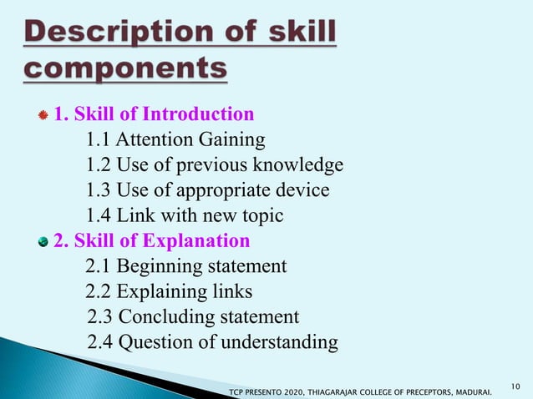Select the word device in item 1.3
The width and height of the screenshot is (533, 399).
(x=301, y=191)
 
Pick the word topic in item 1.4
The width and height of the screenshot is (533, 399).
(x=257, y=216)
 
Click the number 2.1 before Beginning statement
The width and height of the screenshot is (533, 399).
(x=99, y=267)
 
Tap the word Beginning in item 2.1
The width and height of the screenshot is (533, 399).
(x=159, y=267)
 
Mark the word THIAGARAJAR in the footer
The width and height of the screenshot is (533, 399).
(x=338, y=391)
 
